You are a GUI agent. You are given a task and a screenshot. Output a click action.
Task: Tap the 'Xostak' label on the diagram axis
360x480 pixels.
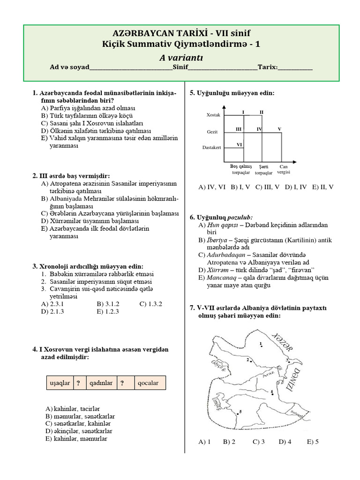pos(213,115)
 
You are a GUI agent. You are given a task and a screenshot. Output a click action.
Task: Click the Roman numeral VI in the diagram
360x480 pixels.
pos(239,144)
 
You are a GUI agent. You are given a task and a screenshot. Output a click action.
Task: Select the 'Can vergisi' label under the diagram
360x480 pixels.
pos(284,169)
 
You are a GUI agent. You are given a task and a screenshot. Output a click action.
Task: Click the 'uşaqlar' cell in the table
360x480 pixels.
pos(59,383)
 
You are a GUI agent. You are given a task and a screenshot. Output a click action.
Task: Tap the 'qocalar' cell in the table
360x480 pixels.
pos(148,383)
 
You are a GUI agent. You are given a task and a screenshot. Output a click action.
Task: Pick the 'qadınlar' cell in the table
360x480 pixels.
pos(100,383)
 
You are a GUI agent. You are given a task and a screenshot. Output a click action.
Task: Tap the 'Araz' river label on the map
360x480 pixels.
pos(269,375)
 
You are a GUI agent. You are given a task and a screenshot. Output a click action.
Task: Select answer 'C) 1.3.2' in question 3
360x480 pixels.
pos(150,304)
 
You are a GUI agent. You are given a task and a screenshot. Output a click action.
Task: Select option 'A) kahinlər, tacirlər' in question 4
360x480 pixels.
pos(73,409)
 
